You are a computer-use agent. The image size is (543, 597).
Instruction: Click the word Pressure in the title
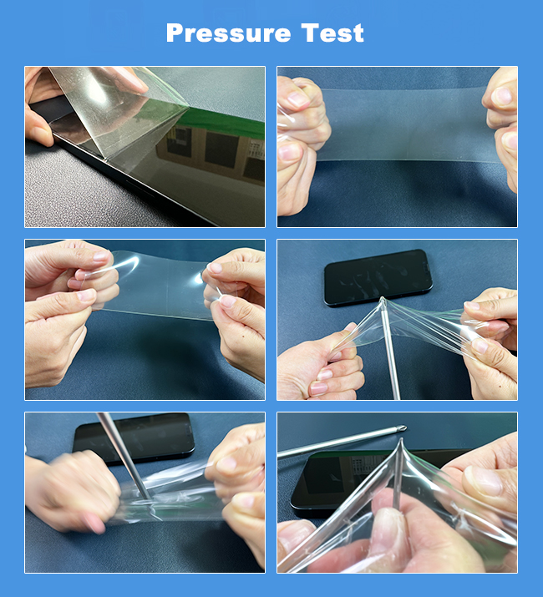229,33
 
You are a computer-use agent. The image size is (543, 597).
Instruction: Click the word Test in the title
332,33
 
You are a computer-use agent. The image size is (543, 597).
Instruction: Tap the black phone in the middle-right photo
378,277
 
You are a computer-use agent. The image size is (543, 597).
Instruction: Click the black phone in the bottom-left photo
134,437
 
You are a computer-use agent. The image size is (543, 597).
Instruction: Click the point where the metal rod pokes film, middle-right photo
383,300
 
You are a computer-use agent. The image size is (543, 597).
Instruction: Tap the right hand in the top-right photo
501,125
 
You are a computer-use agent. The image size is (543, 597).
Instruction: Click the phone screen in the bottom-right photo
343,476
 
